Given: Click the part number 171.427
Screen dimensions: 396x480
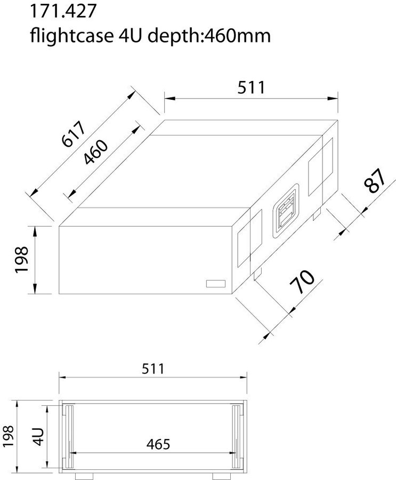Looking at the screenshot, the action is pyautogui.click(x=63, y=11).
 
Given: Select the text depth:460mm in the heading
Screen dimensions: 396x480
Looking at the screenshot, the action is pyautogui.click(x=209, y=36).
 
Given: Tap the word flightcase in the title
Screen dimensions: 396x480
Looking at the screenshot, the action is pyautogui.click(x=71, y=36).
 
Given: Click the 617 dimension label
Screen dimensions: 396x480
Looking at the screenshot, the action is pyautogui.click(x=74, y=133).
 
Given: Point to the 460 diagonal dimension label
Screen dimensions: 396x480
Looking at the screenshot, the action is pyautogui.click(x=96, y=152).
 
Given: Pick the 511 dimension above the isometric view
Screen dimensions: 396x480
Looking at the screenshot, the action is pyautogui.click(x=251, y=87).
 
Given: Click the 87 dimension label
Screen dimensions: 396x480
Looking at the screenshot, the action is pyautogui.click(x=375, y=181).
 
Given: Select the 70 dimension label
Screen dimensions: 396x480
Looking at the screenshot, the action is pyautogui.click(x=302, y=282).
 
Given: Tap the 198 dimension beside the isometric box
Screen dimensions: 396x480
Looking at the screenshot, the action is pyautogui.click(x=22, y=260).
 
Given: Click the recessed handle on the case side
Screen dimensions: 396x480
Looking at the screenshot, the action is pyautogui.click(x=286, y=212).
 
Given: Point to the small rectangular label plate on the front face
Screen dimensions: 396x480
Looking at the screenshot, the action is pyautogui.click(x=215, y=284).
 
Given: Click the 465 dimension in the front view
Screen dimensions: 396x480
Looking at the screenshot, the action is pyautogui.click(x=158, y=444).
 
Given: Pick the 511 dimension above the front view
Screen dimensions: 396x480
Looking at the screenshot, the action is pyautogui.click(x=153, y=369).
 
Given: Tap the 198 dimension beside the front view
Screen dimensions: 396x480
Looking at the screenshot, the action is pyautogui.click(x=9, y=436).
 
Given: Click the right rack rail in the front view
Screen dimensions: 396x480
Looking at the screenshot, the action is pyautogui.click(x=237, y=434).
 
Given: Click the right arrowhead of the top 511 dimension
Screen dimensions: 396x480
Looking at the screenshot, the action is pyautogui.click(x=333, y=99).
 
